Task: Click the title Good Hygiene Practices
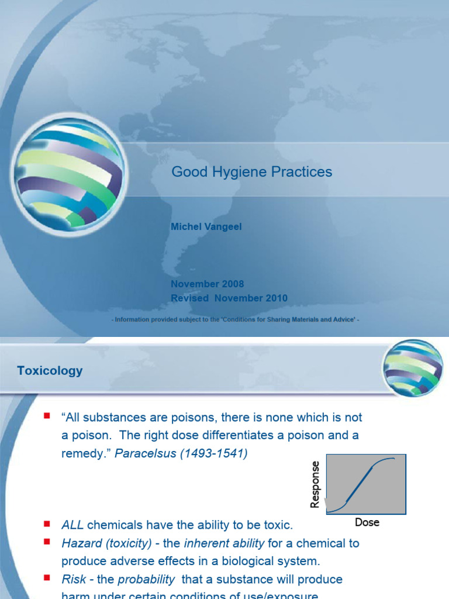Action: click(x=251, y=172)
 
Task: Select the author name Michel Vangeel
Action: click(x=206, y=226)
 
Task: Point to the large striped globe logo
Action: click(x=68, y=173)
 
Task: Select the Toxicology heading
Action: click(x=50, y=370)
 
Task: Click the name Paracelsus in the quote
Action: click(x=140, y=453)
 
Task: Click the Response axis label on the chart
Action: click(x=315, y=484)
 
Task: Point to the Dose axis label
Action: click(x=367, y=522)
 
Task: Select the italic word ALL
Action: click(x=72, y=525)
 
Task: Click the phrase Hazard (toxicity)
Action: click(x=105, y=543)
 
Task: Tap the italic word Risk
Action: click(x=72, y=579)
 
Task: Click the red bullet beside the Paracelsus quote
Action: click(x=47, y=416)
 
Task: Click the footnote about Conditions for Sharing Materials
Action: click(x=235, y=319)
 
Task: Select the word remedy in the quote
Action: click(x=81, y=453)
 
